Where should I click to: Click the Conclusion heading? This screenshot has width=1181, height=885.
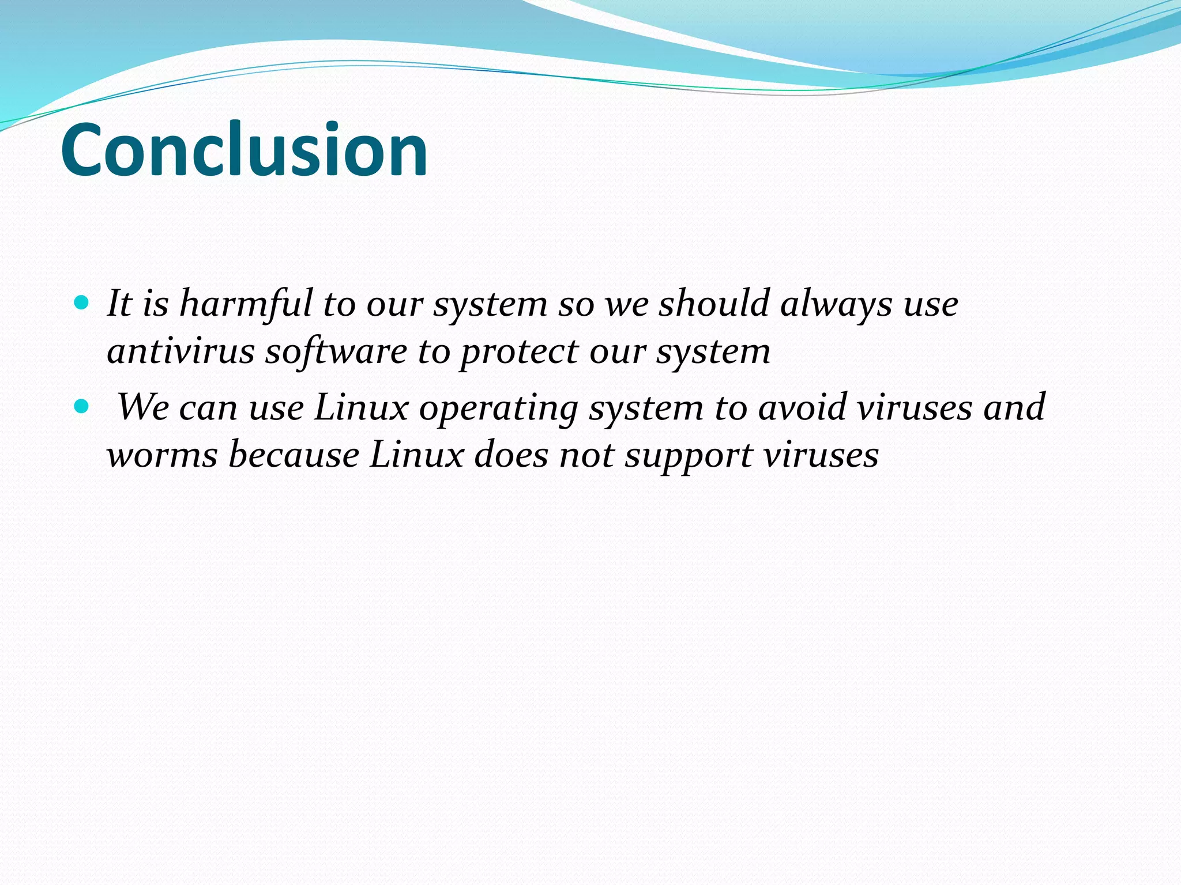coord(244,151)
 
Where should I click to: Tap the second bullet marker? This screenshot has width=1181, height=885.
coord(82,407)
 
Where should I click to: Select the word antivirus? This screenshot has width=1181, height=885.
coord(180,351)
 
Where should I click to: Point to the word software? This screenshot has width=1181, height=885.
coord(336,351)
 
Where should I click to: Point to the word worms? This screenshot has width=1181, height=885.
coord(162,455)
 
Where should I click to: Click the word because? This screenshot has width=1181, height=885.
coord(294,455)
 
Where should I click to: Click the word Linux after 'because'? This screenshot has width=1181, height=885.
coord(416,455)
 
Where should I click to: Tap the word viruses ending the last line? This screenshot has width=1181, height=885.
coord(821,455)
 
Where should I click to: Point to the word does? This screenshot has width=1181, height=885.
coord(511,455)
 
